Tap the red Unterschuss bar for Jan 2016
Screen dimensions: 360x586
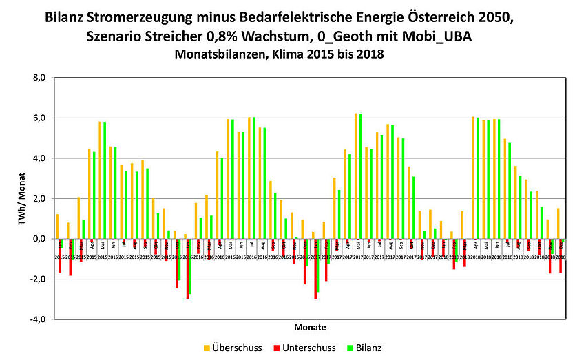(187, 268)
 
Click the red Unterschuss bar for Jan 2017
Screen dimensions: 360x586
(315, 268)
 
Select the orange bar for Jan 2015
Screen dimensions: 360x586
(57, 226)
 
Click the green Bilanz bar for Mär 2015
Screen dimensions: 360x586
(83, 229)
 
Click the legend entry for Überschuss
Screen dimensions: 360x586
(234, 348)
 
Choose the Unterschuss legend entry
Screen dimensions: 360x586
(306, 348)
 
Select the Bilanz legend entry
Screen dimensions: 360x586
(369, 348)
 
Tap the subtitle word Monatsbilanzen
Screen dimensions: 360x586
(216, 53)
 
